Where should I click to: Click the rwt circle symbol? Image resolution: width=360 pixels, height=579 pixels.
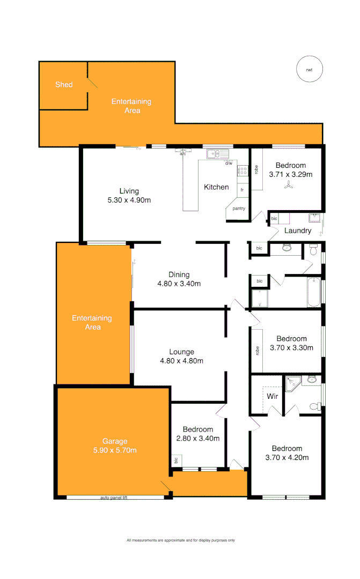(309, 70)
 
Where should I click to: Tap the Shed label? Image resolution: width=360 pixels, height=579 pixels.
(64, 85)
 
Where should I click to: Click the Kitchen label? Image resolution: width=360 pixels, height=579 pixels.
(216, 187)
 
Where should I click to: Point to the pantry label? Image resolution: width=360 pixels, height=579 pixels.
(239, 209)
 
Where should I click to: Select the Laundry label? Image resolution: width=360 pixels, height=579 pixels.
(298, 231)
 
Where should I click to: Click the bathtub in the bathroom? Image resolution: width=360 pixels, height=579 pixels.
(314, 292)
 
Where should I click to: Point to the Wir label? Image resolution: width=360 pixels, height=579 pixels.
(272, 397)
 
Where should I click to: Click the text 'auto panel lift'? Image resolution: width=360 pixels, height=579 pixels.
(114, 498)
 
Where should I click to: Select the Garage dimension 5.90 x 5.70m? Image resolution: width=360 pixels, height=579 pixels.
(115, 450)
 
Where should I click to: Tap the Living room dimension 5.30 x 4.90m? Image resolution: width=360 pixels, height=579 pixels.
(129, 201)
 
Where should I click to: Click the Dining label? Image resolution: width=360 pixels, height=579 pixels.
(179, 274)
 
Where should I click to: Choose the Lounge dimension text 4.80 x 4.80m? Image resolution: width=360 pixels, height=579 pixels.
(181, 361)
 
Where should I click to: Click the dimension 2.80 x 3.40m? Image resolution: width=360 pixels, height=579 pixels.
(197, 439)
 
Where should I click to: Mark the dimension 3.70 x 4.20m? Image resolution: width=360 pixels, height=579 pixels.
(286, 458)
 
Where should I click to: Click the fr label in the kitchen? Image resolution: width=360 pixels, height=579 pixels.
(243, 190)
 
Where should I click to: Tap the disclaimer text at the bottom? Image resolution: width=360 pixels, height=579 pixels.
(180, 540)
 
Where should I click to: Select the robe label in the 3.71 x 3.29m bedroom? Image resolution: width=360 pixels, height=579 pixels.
(257, 169)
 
